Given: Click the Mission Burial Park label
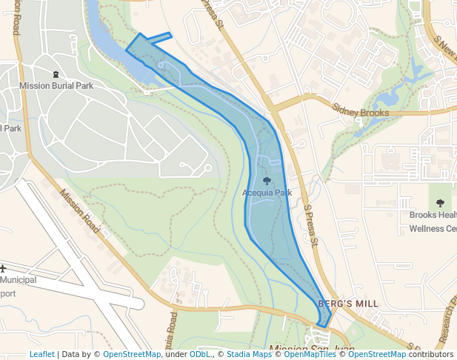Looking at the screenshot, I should coord(56,86).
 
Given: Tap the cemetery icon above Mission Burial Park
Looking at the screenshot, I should coord(56,74).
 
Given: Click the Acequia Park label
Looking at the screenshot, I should coord(267,193).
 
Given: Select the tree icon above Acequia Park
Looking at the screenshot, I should coord(267,181).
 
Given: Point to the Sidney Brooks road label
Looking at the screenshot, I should coord(361,113).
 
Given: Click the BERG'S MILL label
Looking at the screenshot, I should coord(347,304).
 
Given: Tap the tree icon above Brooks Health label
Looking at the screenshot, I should coord(441,203).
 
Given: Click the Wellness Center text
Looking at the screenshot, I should coord(433,229).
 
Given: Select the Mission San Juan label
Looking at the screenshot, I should coord(312,349).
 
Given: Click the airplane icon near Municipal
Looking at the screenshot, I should coord(3,267).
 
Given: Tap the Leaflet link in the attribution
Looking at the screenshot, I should coord(41,355).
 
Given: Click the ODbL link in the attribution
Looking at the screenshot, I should coord(200,355).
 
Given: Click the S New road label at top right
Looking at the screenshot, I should coord(444,49).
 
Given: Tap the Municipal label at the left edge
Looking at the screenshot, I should coord(18,280).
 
